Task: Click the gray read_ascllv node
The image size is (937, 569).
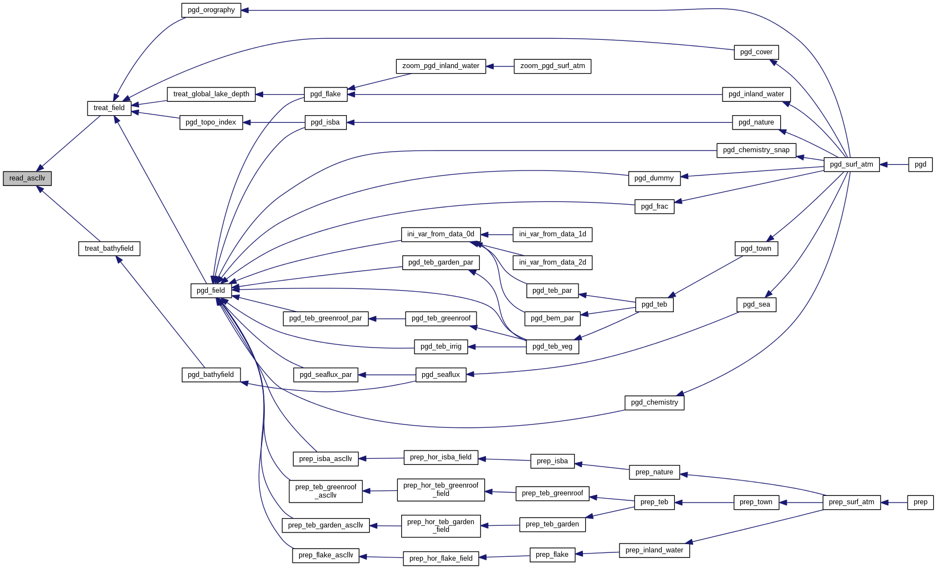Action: tap(27, 178)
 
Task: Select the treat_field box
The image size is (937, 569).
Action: tap(109, 108)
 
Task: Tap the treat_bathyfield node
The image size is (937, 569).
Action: tap(109, 249)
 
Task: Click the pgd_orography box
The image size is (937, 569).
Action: tap(211, 10)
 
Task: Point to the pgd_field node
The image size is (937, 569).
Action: tap(211, 291)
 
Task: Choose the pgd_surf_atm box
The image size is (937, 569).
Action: tap(851, 164)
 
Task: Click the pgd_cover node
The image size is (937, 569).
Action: tap(756, 52)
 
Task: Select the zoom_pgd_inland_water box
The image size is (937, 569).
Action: tap(441, 66)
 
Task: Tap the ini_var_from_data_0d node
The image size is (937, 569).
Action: tap(441, 234)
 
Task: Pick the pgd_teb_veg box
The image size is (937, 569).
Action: tap(552, 346)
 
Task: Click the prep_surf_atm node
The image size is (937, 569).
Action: tap(851, 502)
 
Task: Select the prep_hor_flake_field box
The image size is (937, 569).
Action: tap(441, 558)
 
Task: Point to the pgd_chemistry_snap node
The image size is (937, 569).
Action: tap(756, 150)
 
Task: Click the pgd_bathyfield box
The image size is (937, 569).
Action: tap(211, 375)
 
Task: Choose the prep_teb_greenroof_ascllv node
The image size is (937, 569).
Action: tap(326, 491)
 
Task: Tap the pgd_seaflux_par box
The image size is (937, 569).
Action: tap(326, 375)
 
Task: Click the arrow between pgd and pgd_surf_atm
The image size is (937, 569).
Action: tap(894, 164)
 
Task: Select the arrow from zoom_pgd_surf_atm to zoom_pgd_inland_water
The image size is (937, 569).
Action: tap(500, 66)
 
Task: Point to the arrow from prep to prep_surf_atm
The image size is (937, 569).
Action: tap(894, 503)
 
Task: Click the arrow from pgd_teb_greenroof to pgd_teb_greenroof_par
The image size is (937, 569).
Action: tap(387, 319)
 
